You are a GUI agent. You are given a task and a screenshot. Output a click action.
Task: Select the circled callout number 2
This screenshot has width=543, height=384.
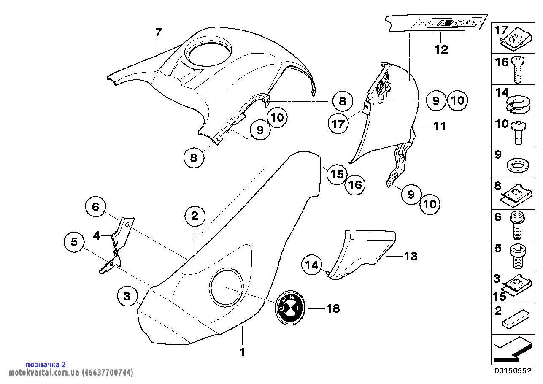click(195, 216)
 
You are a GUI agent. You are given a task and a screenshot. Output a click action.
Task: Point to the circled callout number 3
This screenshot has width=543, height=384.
click(127, 296)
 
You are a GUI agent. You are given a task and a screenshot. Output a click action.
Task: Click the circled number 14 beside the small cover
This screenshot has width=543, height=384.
click(311, 265)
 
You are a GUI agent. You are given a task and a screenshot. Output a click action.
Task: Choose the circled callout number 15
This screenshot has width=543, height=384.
click(337, 174)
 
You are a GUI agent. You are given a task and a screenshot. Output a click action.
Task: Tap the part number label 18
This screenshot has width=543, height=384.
click(333, 308)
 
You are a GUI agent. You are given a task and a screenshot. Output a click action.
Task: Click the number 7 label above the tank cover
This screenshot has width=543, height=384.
click(158, 32)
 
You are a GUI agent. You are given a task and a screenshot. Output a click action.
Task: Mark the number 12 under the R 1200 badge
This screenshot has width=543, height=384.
click(441, 49)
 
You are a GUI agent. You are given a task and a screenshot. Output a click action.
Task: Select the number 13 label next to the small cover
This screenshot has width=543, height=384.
click(411, 256)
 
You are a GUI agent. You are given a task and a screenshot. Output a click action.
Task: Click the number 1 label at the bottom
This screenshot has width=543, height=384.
click(242, 352)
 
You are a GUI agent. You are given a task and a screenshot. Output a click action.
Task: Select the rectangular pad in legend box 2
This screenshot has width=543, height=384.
click(516, 319)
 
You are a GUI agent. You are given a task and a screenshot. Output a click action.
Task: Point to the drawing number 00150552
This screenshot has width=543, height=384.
click(512, 371)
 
